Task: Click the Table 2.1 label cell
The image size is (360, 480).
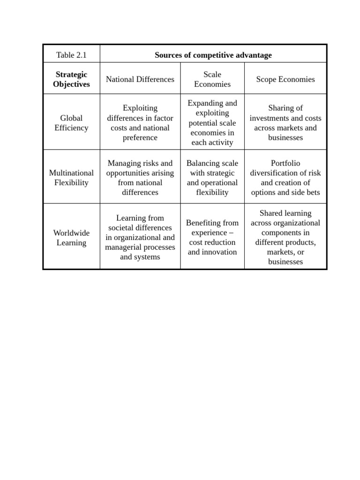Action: (x=71, y=55)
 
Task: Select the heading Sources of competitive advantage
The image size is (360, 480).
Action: (x=213, y=55)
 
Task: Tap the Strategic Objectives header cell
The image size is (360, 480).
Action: (x=71, y=79)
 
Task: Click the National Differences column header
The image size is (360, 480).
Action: (x=140, y=79)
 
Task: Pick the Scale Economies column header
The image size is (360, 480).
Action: (x=212, y=79)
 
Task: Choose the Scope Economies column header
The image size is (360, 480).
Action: (x=285, y=79)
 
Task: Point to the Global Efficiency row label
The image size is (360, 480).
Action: (x=71, y=123)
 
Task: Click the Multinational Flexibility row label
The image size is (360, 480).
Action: (x=71, y=178)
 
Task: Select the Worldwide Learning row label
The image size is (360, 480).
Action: (x=71, y=238)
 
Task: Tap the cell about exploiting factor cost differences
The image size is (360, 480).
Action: (x=140, y=123)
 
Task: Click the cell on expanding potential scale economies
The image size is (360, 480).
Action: (x=212, y=123)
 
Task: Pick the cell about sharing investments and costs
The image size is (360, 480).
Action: (x=285, y=123)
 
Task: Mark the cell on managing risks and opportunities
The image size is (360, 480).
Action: (x=140, y=178)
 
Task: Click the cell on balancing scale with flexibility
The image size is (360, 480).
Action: (x=212, y=178)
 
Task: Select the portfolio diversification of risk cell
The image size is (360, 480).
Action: (x=285, y=178)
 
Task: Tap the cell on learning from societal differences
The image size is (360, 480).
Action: (x=140, y=238)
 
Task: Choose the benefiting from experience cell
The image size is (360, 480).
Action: (x=212, y=238)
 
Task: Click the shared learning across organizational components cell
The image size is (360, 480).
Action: (x=285, y=238)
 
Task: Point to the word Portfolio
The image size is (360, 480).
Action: (x=285, y=163)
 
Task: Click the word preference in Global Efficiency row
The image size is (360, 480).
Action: (x=140, y=138)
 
